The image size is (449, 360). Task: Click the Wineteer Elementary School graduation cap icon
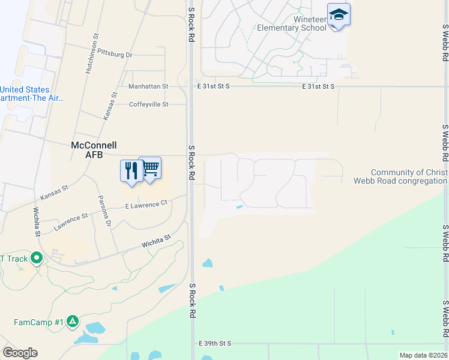[x=339, y=15]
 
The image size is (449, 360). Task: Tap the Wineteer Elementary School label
[x=292, y=23]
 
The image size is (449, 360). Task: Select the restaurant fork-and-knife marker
[x=130, y=170]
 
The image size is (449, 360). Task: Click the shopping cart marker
[x=150, y=168]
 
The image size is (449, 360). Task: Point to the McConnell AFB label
[x=94, y=150]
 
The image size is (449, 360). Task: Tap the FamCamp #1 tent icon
[x=73, y=322]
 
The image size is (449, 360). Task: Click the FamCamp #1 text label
[x=38, y=322]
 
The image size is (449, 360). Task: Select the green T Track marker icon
[x=37, y=259]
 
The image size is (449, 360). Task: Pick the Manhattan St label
[x=148, y=86]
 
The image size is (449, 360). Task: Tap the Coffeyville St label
[x=149, y=104]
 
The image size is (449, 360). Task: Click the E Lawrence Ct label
[x=146, y=205]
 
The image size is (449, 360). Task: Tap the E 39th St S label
[x=214, y=343]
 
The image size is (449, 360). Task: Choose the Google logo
[x=20, y=353]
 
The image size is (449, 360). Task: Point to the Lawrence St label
[x=71, y=223]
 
